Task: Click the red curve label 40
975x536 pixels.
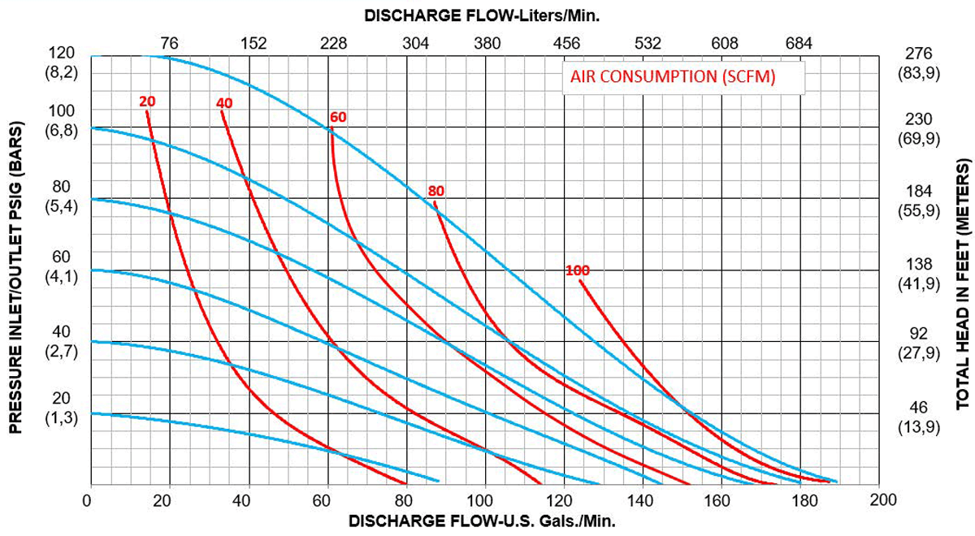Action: [x=225, y=102]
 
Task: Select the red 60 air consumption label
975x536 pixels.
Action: [x=338, y=117]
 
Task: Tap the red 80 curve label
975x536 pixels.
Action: [x=436, y=191]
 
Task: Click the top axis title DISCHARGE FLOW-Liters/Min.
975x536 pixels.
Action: [x=482, y=15]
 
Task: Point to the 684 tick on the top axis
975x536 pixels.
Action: [x=799, y=43]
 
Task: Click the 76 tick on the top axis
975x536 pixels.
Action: [x=169, y=43]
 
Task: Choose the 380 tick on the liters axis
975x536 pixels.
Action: [x=487, y=43]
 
